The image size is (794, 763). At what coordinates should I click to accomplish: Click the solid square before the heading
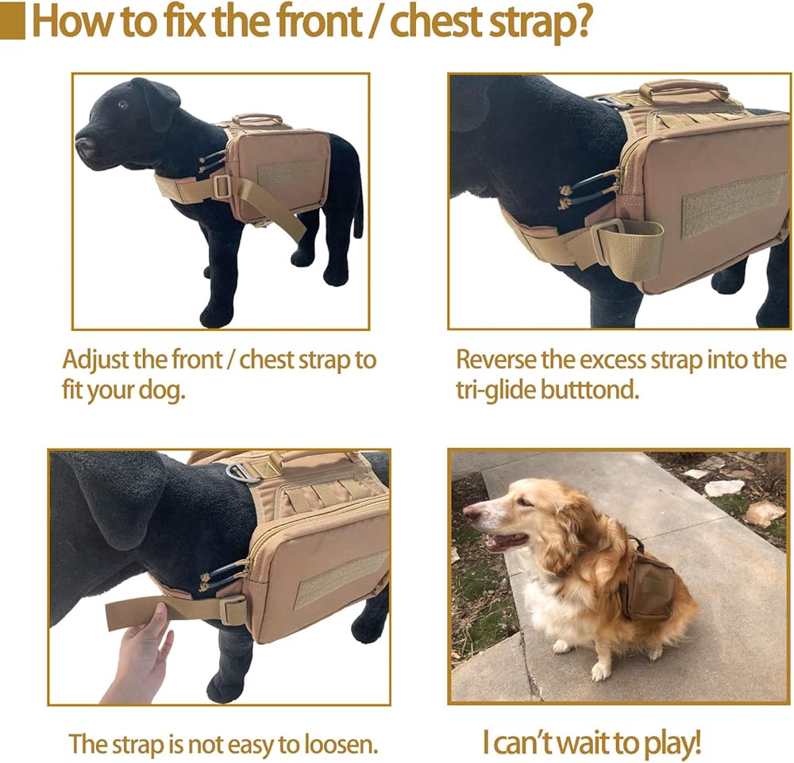coord(12,21)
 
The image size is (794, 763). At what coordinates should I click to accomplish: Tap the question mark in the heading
coord(581,21)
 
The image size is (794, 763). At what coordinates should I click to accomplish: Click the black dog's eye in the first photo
coord(122,105)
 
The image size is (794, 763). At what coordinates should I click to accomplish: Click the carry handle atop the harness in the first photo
coord(256,118)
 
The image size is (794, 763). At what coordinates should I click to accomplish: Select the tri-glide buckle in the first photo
coord(222,187)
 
